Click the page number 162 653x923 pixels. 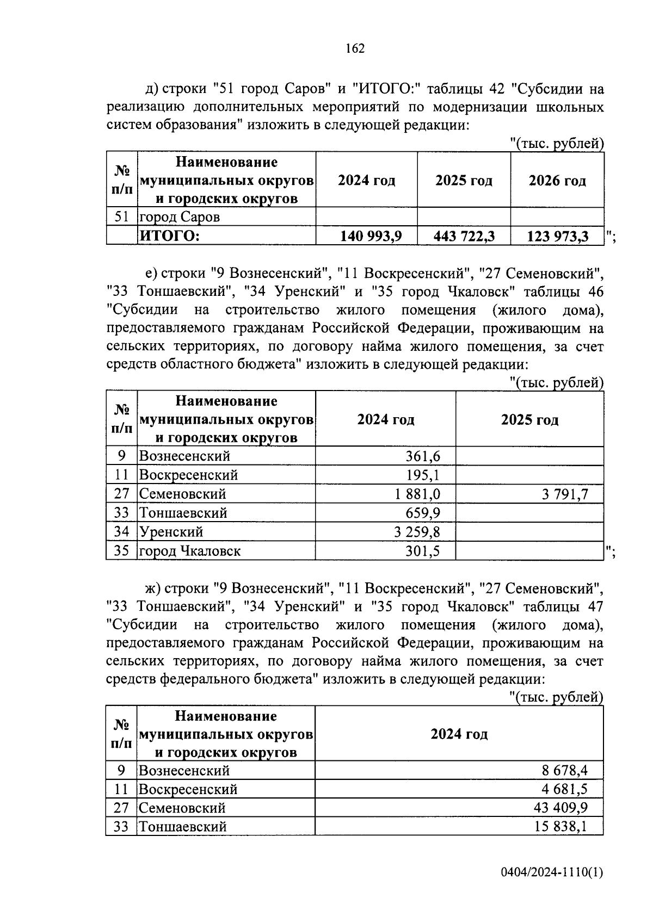pos(355,48)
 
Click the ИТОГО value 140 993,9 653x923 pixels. pos(371,236)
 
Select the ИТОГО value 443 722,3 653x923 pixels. pos(464,236)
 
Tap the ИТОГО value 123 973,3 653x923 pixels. pos(558,237)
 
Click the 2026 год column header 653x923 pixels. pos(557,181)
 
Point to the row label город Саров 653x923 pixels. pos(180,217)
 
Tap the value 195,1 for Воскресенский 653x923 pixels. pos(422,475)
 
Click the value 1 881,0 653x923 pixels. pos(417,494)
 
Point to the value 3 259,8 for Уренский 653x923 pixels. pos(417,531)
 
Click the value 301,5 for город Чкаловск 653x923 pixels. pos(422,551)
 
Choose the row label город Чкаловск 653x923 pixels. pos(190,551)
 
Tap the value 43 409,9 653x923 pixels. pos(561,808)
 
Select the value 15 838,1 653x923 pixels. pos(561,827)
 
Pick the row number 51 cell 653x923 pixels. pos(121,217)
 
